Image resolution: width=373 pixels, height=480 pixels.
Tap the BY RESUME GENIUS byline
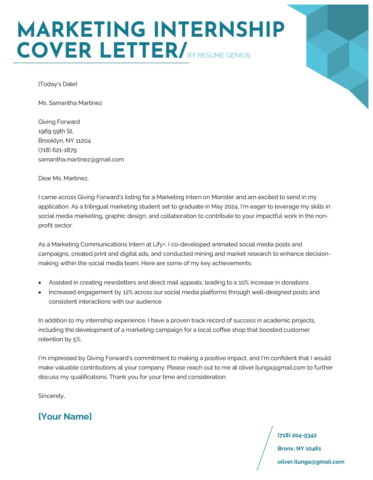pos(219,56)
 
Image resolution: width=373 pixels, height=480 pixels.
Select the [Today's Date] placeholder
pos(58,84)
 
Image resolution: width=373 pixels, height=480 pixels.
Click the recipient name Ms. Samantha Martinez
pos(70,103)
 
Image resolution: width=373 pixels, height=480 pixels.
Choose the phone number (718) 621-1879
pos(57,150)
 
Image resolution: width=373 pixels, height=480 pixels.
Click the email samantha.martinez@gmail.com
pos(81,160)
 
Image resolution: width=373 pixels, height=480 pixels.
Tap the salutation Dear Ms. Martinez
pos(63,178)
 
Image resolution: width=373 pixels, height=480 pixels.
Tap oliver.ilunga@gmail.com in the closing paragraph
pos(272,368)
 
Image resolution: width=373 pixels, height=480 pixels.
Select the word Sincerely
pos(51,396)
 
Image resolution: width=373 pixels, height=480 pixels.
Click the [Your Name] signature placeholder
pos(65,416)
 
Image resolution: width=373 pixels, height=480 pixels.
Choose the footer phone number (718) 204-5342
pos(297,435)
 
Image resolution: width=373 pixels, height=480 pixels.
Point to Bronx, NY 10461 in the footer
pos(299,449)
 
